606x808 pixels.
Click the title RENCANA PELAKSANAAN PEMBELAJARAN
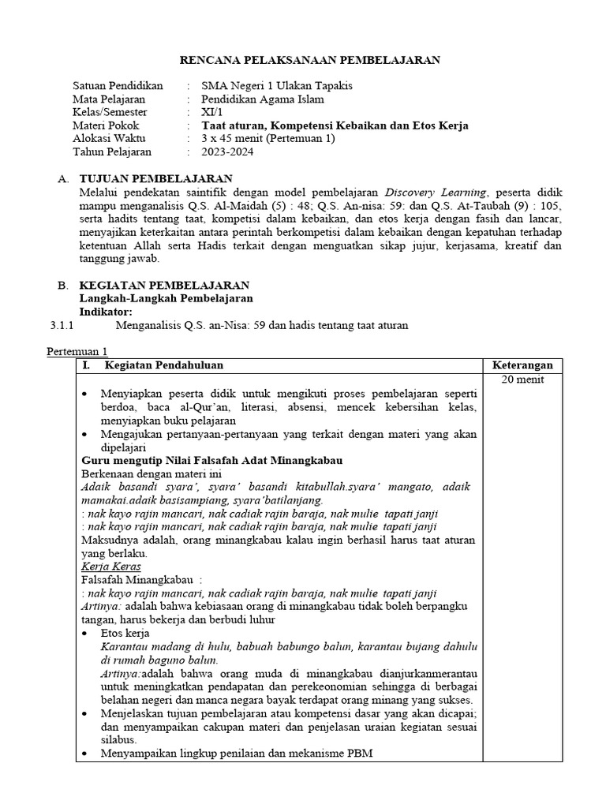(310, 60)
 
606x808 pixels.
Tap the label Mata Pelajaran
(109, 99)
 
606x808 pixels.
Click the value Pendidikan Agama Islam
(263, 99)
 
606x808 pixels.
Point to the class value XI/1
(212, 112)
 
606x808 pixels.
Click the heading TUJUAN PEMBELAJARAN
(156, 179)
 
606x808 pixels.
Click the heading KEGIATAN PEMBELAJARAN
(165, 285)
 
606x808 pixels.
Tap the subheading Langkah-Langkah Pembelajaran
(166, 298)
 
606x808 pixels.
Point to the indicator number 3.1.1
(61, 325)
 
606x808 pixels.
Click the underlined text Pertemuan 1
(77, 351)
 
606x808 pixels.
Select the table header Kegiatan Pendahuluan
(163, 365)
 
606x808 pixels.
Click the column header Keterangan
(522, 365)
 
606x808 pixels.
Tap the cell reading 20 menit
(522, 380)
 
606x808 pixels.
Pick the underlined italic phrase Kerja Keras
(111, 567)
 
